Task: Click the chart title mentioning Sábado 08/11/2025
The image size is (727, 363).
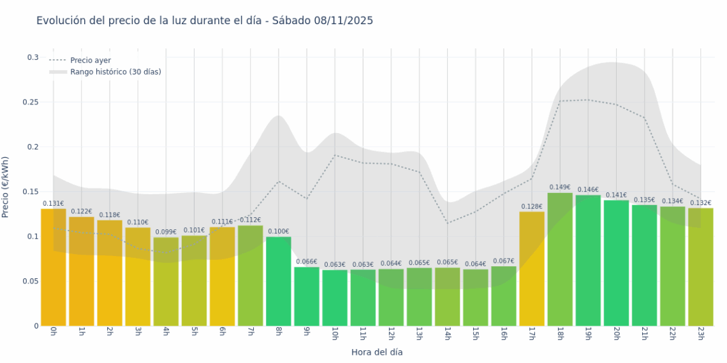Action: coord(204,20)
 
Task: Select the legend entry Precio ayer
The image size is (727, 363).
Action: coord(90,60)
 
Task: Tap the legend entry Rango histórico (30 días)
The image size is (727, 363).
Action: coord(115,72)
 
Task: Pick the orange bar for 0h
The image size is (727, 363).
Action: coord(54,267)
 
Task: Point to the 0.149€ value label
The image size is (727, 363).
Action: coord(560,187)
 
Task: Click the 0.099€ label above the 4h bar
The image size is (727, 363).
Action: coord(166,232)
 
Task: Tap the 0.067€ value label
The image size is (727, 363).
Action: coord(503,260)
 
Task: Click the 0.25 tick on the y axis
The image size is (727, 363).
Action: coord(32,102)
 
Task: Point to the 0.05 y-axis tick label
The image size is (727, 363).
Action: coord(32,281)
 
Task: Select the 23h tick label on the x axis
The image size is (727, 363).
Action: coord(701,334)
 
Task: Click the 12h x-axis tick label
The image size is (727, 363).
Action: coord(391,334)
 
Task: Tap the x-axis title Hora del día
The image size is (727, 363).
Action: coord(377,352)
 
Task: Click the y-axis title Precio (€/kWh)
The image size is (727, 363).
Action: coord(6,187)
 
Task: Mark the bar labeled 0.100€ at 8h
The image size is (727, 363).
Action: coord(279,281)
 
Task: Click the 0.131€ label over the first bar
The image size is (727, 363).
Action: coord(54,204)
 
